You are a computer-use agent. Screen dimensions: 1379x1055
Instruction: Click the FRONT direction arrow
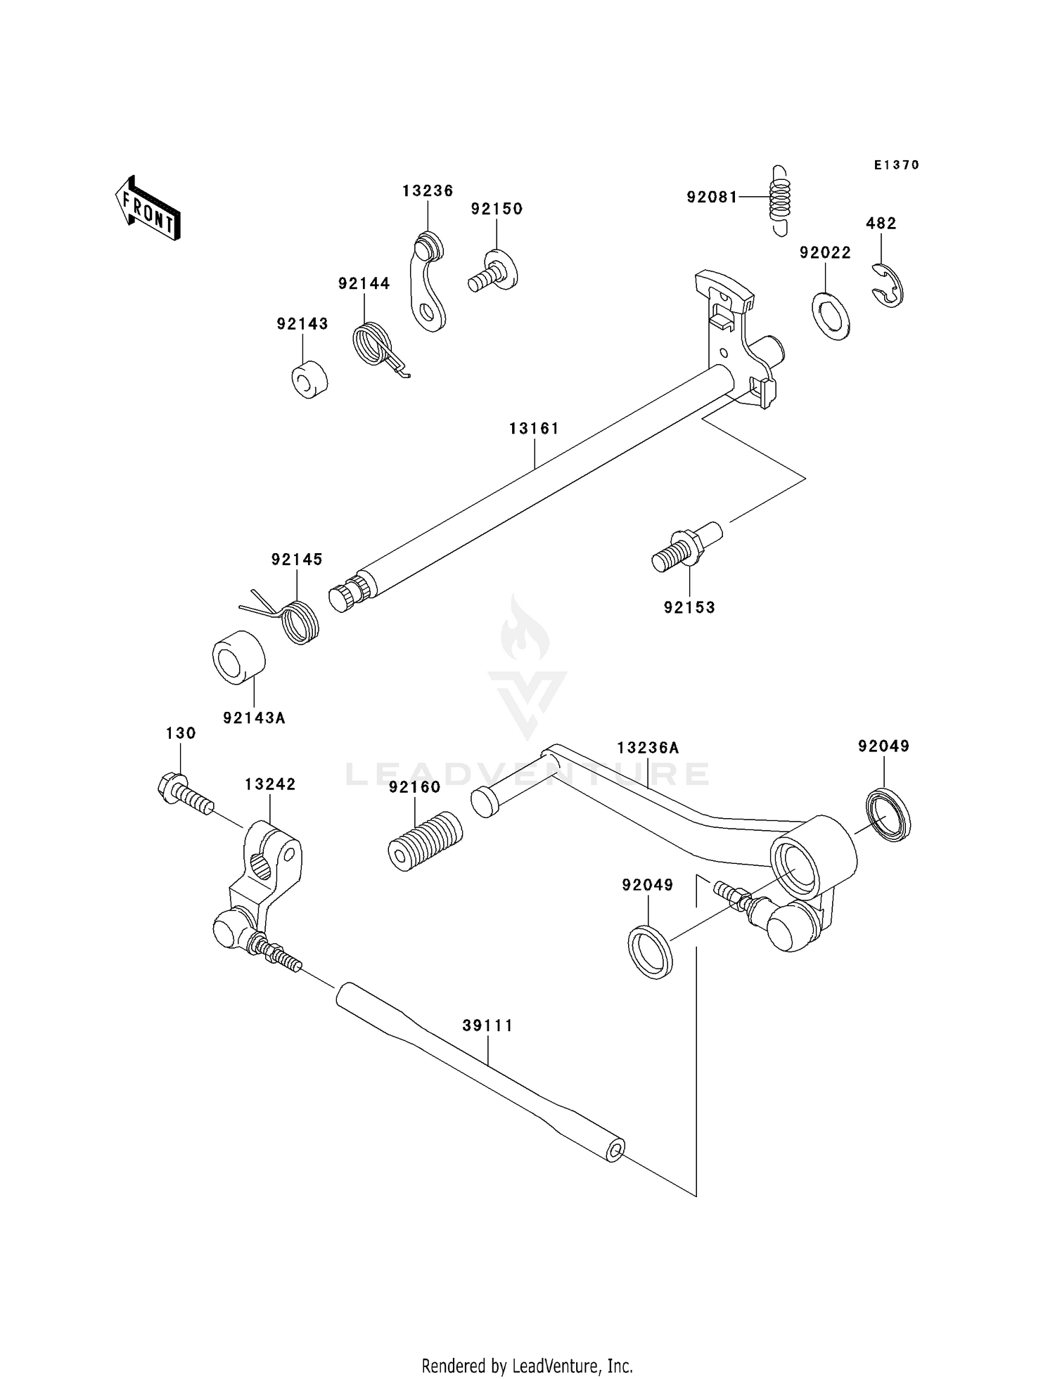pyautogui.click(x=148, y=209)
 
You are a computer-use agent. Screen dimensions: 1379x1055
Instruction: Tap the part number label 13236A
pyautogui.click(x=648, y=748)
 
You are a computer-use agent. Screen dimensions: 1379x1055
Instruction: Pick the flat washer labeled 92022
pyautogui.click(x=831, y=314)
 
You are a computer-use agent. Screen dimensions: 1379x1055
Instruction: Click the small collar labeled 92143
pyautogui.click(x=310, y=379)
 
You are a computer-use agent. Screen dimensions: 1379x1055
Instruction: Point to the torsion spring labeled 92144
pyautogui.click(x=373, y=344)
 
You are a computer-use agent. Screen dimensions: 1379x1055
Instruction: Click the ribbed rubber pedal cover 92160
pyautogui.click(x=425, y=841)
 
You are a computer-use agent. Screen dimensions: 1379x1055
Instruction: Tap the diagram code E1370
pyautogui.click(x=896, y=165)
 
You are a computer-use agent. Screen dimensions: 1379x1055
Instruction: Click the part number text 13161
pyautogui.click(x=534, y=429)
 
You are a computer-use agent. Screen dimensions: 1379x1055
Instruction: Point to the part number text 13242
pyautogui.click(x=270, y=784)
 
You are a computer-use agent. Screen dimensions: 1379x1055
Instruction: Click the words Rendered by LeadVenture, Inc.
pyautogui.click(x=527, y=1366)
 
